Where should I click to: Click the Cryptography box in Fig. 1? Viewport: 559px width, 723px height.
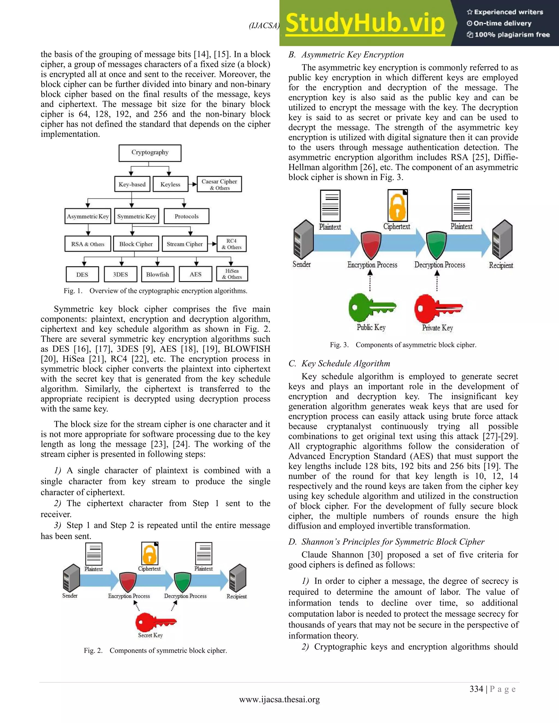click(150, 153)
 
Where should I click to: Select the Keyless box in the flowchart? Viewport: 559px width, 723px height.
click(170, 184)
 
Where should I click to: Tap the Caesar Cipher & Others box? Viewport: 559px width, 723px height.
click(219, 184)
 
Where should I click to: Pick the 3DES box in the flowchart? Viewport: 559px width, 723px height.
click(120, 274)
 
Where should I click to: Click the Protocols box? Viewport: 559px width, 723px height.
click(186, 217)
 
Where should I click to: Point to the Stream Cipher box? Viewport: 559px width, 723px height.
click(185, 244)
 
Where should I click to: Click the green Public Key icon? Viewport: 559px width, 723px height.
click(371, 308)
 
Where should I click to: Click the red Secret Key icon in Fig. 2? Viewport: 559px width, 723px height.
click(155, 622)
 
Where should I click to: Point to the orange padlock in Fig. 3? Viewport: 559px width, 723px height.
click(397, 206)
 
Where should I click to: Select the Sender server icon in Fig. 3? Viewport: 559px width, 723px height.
click(303, 239)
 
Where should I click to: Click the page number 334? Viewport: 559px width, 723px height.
click(476, 689)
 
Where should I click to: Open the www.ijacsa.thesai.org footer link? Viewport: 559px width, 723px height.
click(279, 700)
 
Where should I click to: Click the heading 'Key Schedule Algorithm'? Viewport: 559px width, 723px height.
click(345, 363)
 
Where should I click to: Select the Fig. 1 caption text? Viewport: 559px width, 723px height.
click(155, 291)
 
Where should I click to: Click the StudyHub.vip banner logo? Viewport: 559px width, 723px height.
click(365, 23)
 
